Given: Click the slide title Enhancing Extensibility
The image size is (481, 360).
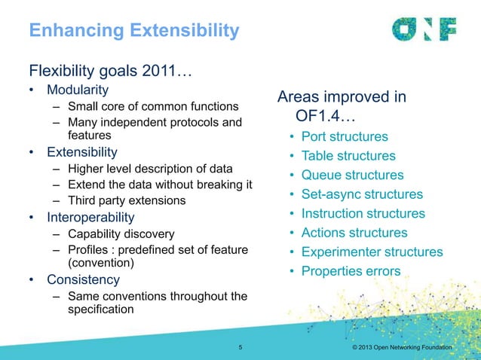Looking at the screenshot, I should [x=133, y=31].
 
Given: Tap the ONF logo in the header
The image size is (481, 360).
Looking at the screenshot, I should [x=424, y=29].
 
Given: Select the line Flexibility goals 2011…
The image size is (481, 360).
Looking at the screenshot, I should [x=111, y=72].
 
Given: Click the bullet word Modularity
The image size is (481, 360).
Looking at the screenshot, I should [x=78, y=91].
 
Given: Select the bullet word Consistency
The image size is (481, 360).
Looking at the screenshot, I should [x=84, y=279].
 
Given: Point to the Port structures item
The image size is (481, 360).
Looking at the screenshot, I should [x=345, y=137].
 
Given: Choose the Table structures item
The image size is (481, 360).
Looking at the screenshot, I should [x=348, y=156].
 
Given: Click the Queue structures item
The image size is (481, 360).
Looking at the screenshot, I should [x=352, y=175].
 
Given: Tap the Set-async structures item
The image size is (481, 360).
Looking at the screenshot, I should [x=362, y=194].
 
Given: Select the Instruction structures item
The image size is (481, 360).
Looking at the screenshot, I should [x=363, y=214].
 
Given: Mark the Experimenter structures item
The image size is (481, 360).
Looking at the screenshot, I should [x=372, y=252].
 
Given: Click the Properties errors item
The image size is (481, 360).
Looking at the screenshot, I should [x=351, y=271].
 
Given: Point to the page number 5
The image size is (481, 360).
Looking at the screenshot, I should [x=240, y=347].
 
